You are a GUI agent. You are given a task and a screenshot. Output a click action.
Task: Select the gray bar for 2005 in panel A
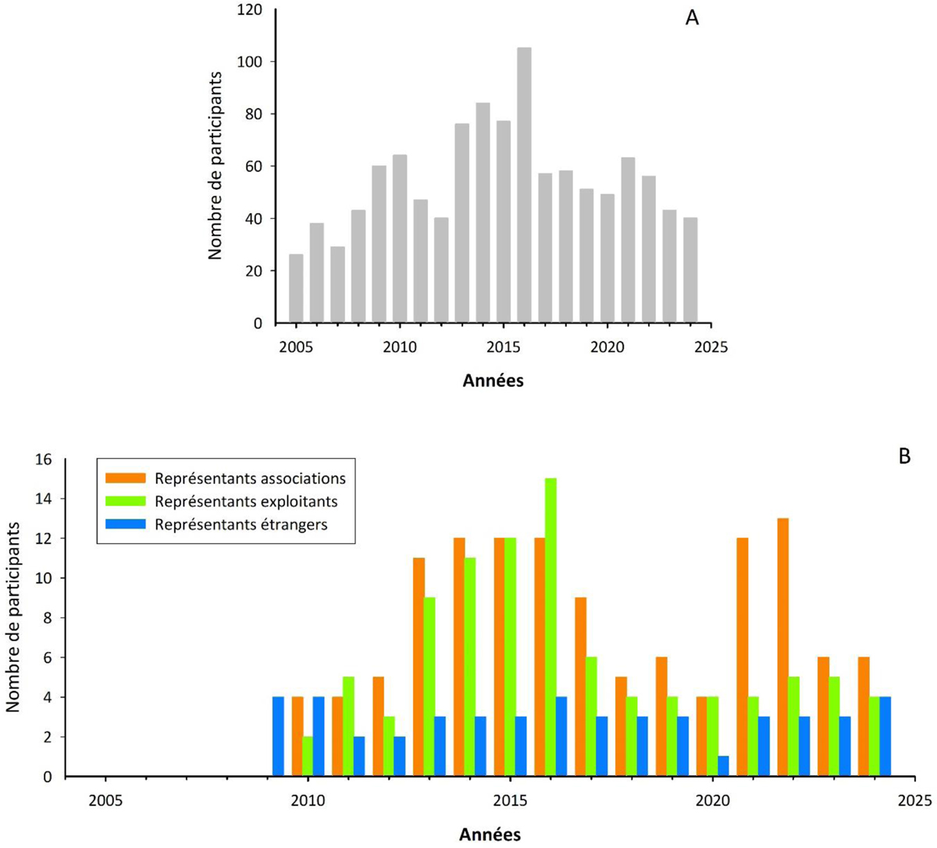point(296,288)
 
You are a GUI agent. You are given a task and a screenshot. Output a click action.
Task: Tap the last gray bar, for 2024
point(690,270)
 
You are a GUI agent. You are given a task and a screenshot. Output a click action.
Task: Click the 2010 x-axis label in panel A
point(399,345)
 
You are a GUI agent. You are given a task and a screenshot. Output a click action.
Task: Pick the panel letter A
point(692,18)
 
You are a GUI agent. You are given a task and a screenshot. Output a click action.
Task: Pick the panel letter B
point(905,456)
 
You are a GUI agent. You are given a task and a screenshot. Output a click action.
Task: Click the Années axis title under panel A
point(493,381)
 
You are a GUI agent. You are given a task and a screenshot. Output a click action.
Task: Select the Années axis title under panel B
point(490,833)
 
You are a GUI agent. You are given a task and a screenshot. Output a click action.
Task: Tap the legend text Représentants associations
point(250,478)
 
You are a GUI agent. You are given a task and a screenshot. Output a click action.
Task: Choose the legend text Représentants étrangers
point(241,524)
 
